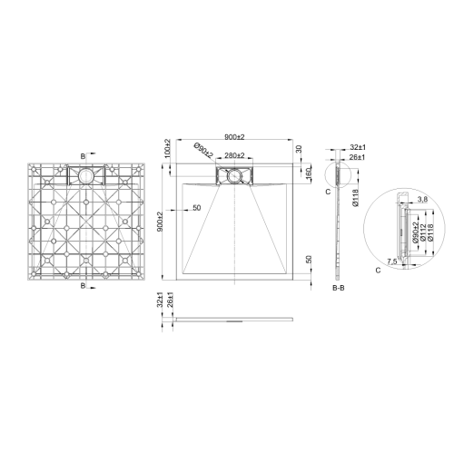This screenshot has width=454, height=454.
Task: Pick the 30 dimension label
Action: click(x=299, y=150)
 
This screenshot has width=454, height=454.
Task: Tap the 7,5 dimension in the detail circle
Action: click(x=393, y=261)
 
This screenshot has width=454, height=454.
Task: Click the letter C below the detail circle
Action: click(x=377, y=270)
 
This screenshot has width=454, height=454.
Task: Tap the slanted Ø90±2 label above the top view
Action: click(x=202, y=151)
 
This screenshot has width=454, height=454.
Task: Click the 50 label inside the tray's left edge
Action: click(x=196, y=209)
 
